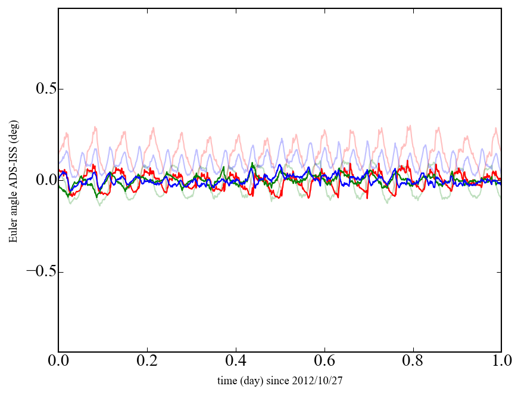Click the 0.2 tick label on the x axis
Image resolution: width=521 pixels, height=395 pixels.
(147, 362)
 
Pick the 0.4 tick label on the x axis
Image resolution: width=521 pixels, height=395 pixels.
(236, 362)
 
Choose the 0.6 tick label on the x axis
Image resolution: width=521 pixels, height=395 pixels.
(325, 362)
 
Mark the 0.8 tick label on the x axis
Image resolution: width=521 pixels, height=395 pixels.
(413, 362)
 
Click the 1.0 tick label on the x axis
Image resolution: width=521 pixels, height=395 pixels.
(501, 362)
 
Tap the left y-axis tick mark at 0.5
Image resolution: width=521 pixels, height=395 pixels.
(60, 89)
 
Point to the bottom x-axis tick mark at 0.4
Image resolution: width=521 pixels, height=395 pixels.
(236, 350)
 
